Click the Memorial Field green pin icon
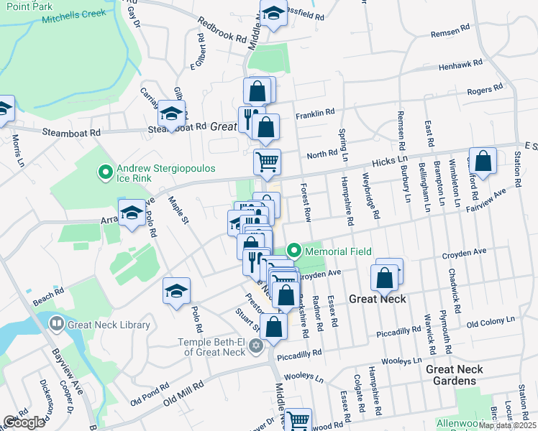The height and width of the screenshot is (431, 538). (x=293, y=251)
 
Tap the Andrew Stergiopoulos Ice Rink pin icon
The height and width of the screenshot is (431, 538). (x=105, y=172)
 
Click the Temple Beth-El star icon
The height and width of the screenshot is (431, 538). (x=255, y=347)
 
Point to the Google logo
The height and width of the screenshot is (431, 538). (x=24, y=422)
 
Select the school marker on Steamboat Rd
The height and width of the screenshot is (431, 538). (x=172, y=113)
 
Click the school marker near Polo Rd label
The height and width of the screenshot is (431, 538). (x=176, y=291)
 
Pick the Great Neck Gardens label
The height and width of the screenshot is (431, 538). (x=455, y=375)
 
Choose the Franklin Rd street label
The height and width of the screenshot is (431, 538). (x=316, y=113)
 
